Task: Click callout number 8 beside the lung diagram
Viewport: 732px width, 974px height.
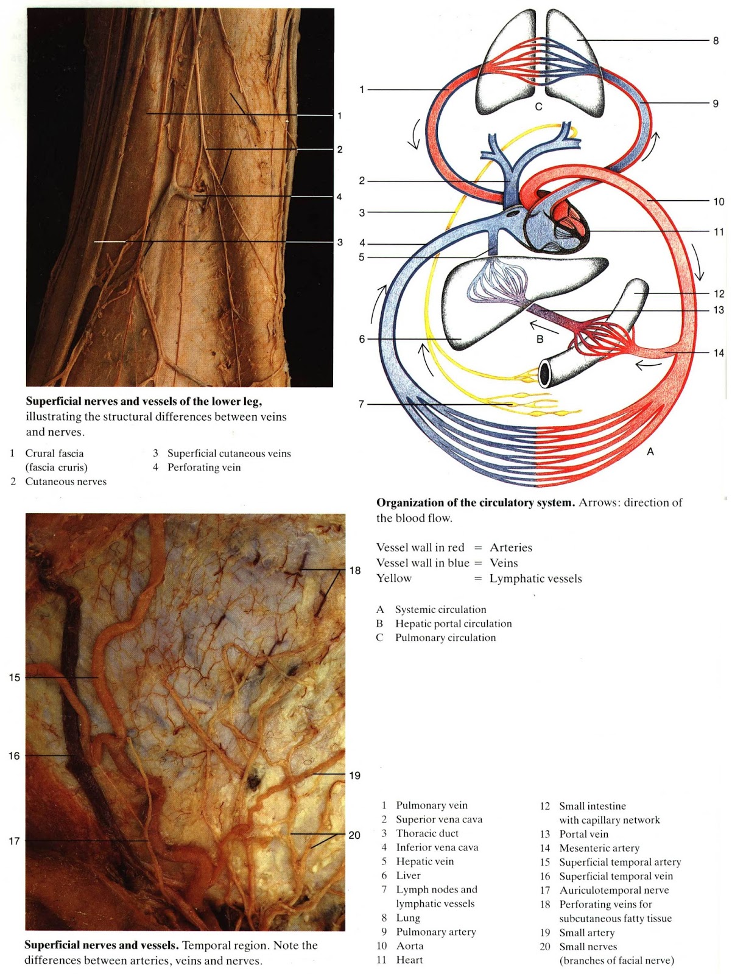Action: click(716, 41)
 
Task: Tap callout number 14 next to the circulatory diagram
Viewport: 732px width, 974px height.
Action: click(719, 352)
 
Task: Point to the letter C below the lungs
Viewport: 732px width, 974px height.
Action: click(538, 107)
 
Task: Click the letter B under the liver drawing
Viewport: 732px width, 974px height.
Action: click(540, 339)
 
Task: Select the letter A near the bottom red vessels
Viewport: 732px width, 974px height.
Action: click(650, 452)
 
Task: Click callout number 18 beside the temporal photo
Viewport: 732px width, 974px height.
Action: click(355, 570)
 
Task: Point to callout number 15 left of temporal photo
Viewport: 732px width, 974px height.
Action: click(15, 678)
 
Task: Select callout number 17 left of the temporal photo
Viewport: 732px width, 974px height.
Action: click(15, 841)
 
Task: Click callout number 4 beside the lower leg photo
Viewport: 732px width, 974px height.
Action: click(339, 197)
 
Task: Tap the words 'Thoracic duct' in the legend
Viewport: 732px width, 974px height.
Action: click(427, 833)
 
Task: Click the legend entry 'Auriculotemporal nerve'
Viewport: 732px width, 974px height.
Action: click(614, 890)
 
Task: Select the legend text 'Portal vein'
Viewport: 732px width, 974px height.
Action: click(583, 834)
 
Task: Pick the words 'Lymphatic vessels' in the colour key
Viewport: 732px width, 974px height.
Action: click(535, 578)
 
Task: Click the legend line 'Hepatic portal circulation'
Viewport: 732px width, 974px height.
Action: click(453, 623)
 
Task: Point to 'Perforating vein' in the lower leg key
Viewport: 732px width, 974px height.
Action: click(204, 468)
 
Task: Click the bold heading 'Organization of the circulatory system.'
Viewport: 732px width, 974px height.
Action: click(475, 503)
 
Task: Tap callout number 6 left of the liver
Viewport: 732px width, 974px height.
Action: click(362, 339)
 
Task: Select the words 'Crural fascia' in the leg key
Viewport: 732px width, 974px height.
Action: click(54, 454)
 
